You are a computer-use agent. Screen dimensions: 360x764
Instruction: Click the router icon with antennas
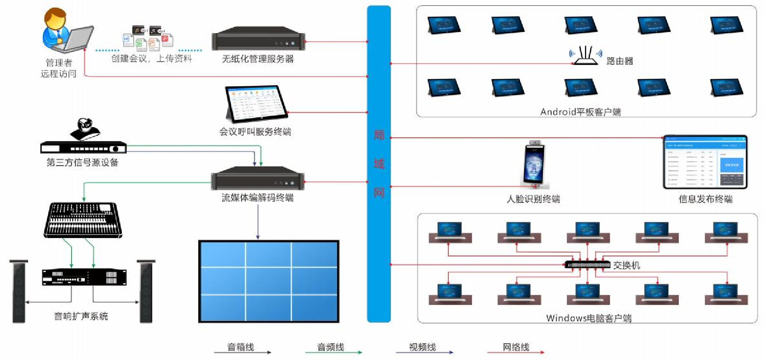[x=585, y=56]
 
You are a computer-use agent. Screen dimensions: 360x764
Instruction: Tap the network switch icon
[x=588, y=265]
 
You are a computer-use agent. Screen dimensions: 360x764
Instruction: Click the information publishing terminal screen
[x=705, y=162]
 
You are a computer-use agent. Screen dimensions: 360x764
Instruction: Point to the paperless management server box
[x=258, y=39]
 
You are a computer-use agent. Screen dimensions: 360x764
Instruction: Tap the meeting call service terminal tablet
[x=256, y=104]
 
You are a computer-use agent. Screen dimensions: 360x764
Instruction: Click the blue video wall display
[x=269, y=281]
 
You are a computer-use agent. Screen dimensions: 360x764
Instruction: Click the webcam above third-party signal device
[x=86, y=129]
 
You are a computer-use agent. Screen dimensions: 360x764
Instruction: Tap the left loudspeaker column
[x=19, y=291]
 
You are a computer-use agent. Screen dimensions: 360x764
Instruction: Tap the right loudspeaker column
[x=146, y=291]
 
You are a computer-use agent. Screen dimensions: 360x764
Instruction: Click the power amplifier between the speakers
[x=84, y=277]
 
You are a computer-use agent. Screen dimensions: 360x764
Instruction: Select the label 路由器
[x=620, y=61]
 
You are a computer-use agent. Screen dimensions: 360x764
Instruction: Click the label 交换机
[x=627, y=265]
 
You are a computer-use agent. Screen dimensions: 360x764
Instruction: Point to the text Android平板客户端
[x=580, y=112]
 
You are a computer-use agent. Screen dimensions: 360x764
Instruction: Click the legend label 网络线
[x=516, y=347]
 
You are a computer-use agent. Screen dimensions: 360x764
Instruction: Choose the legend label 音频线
[x=330, y=347]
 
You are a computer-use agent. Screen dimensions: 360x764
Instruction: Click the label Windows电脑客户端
[x=588, y=318]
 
